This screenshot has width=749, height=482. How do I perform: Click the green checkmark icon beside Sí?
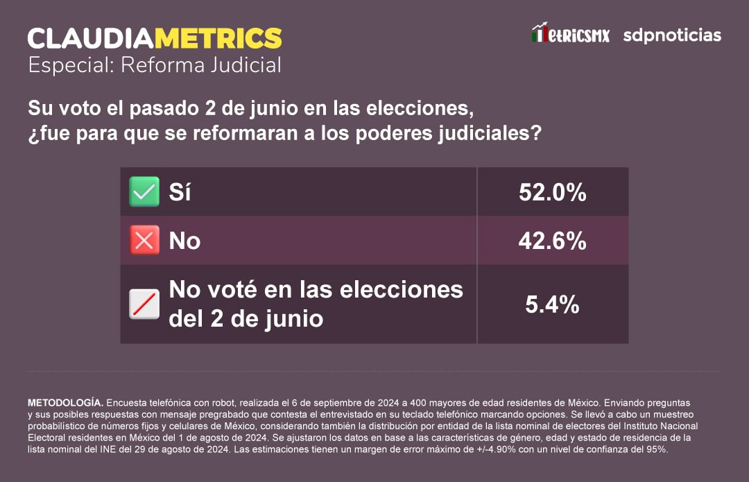point(144,192)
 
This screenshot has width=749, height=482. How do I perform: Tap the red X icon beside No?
point(144,241)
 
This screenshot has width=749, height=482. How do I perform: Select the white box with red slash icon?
point(144,304)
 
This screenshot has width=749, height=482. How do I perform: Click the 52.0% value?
point(552,193)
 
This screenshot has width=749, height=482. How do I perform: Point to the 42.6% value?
point(552,241)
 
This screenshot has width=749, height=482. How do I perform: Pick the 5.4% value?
point(552,304)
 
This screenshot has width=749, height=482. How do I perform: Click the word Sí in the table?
point(180,192)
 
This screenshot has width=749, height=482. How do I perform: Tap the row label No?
point(184,241)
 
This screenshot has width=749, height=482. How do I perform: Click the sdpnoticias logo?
point(671,35)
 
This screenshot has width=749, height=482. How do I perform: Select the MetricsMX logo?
point(570,34)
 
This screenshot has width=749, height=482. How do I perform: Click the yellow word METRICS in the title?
point(218,37)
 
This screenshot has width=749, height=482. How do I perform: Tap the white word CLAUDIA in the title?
point(91,37)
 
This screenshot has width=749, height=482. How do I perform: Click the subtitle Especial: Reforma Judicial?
point(155,65)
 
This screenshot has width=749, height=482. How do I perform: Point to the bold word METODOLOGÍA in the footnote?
point(65,402)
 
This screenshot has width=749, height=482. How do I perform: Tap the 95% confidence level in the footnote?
point(656,449)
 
